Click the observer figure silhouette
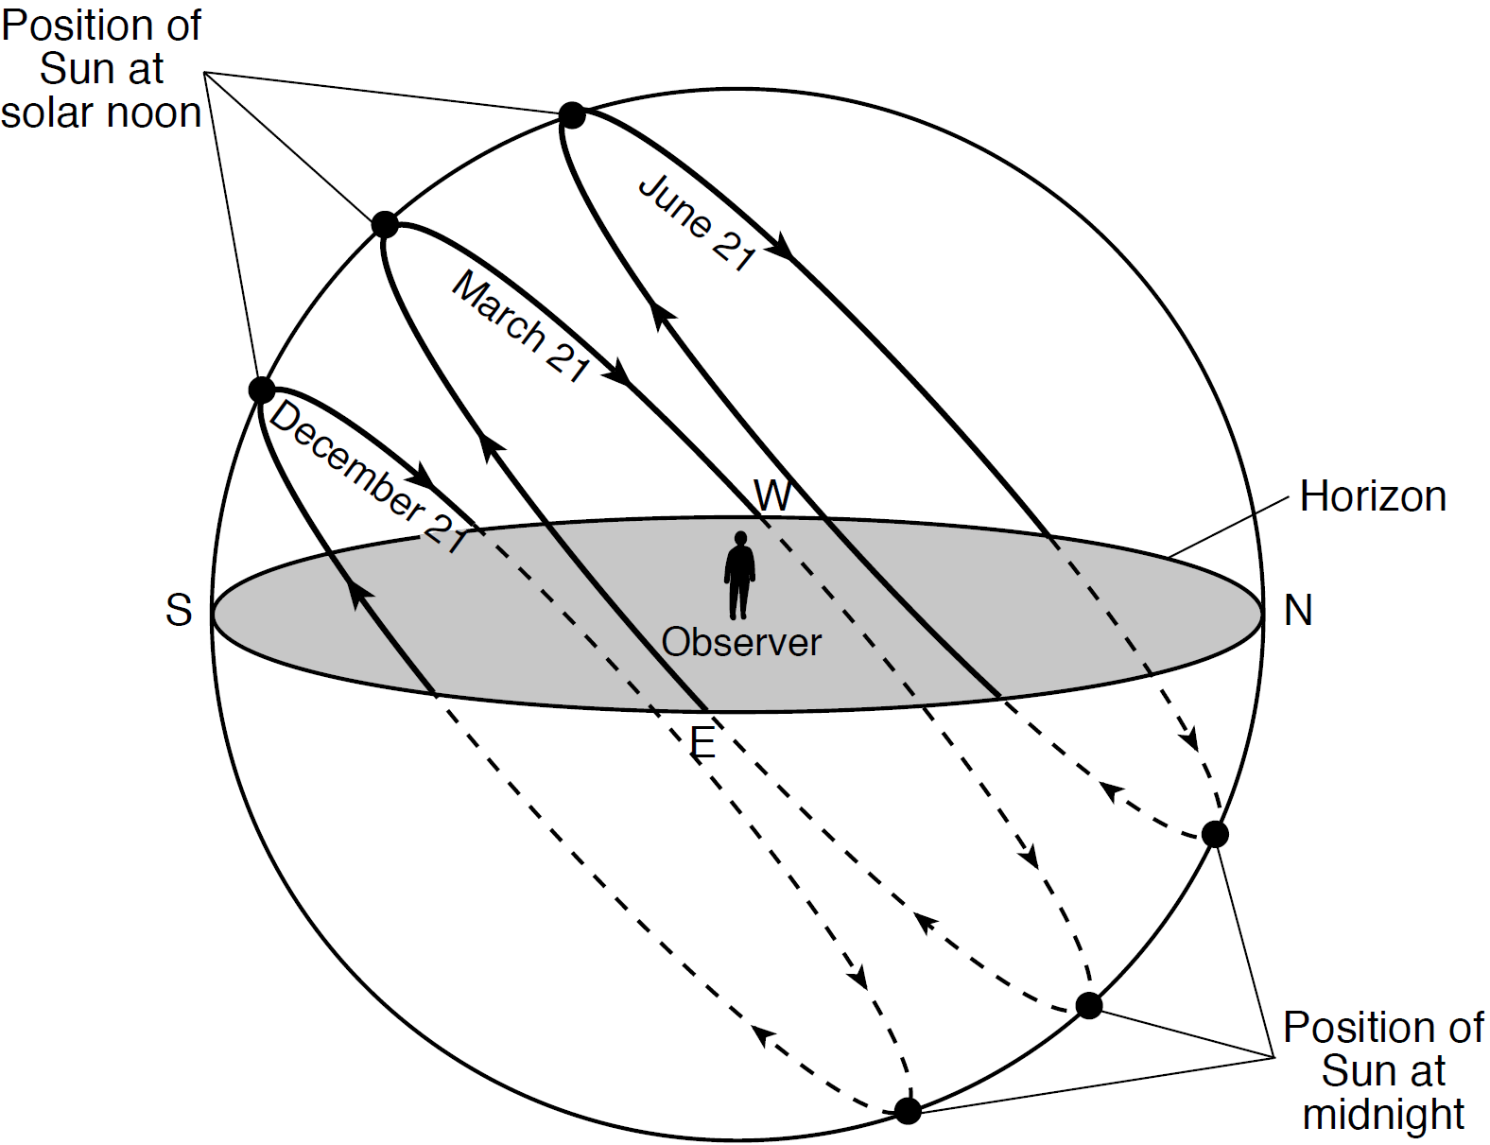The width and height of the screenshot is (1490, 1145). click(739, 575)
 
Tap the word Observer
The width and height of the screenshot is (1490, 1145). click(741, 643)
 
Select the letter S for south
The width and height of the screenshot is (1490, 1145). click(179, 611)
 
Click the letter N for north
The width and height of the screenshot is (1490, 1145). click(1298, 611)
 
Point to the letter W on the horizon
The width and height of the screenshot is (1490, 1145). click(772, 495)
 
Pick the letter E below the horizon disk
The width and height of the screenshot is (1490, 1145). click(702, 742)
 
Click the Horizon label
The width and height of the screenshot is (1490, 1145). click(1373, 496)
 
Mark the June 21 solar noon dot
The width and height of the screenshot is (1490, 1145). click(572, 115)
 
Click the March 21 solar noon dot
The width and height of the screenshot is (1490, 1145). click(385, 225)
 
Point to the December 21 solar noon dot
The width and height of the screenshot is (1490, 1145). click(261, 390)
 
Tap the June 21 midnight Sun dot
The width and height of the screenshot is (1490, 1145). click(1215, 834)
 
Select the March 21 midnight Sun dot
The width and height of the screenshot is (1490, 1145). click(1089, 1005)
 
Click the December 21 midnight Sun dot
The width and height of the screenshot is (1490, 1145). click(908, 1111)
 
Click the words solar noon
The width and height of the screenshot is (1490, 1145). click(100, 113)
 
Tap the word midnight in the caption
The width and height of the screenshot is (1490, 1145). click(1383, 1115)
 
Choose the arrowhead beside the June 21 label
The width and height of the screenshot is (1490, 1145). click(782, 249)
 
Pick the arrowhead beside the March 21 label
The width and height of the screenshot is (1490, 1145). click(620, 373)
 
